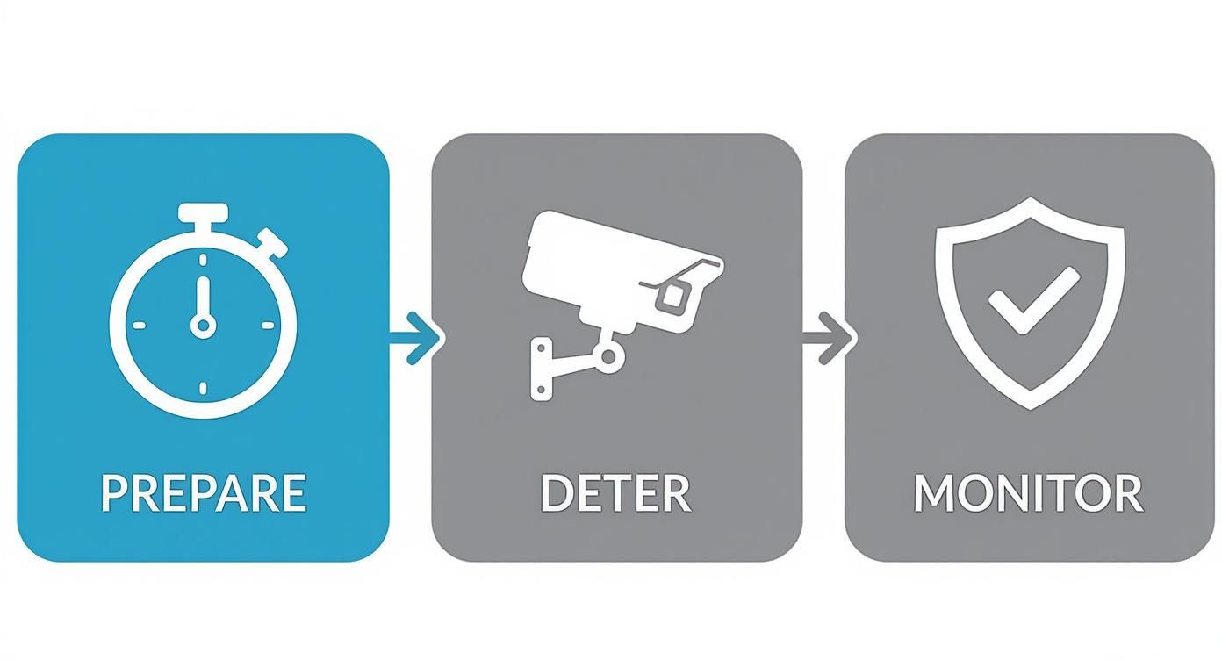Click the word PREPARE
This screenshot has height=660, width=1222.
click(204, 493)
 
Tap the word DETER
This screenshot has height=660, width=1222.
click(616, 493)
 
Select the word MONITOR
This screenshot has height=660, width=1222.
click(1029, 493)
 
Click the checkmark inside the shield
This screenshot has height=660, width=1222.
click(1034, 300)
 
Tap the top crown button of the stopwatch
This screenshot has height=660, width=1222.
click(203, 212)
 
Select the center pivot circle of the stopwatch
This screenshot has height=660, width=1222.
click(203, 326)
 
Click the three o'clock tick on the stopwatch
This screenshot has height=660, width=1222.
click(267, 326)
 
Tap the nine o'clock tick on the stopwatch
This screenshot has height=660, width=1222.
click(139, 326)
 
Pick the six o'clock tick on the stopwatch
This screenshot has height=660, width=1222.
click(203, 388)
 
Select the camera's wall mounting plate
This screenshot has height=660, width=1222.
click(541, 369)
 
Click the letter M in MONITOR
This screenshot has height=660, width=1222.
click(933, 493)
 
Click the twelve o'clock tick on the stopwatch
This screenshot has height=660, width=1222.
click(203, 260)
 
